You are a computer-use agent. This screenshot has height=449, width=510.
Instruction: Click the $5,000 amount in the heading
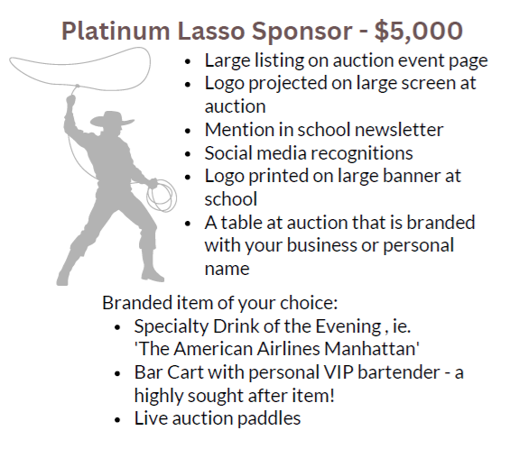(418, 31)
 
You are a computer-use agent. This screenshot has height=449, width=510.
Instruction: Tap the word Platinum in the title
(116, 31)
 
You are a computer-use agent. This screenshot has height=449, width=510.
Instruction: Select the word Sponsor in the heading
(301, 32)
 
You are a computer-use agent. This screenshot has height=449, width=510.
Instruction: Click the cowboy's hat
(112, 119)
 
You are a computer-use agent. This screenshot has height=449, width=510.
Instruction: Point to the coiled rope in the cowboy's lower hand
(162, 196)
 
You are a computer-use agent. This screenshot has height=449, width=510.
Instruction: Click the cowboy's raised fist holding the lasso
(70, 100)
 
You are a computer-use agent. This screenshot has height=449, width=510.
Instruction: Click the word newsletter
(399, 130)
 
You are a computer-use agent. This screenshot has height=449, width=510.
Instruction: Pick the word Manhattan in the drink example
(371, 349)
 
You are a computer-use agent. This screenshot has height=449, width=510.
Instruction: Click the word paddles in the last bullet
(268, 418)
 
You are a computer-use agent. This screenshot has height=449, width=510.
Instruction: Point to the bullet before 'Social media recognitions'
(188, 154)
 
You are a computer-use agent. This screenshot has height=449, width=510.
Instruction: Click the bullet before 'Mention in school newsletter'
(188, 131)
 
